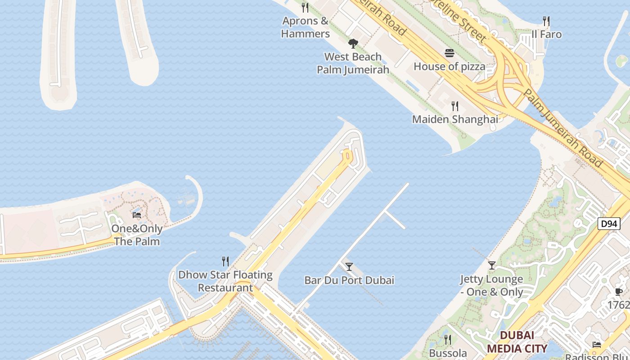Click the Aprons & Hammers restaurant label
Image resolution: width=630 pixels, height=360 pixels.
tap(305, 27)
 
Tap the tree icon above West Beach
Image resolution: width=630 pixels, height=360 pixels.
tap(353, 44)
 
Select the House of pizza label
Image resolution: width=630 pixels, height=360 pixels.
tap(449, 67)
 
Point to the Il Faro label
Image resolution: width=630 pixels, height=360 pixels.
tap(546, 34)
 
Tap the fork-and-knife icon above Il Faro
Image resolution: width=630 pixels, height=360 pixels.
tap(546, 21)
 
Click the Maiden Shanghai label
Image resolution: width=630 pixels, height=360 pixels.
tap(455, 119)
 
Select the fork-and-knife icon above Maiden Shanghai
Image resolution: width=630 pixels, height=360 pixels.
tap(455, 106)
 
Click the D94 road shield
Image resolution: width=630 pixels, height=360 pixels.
tap(609, 224)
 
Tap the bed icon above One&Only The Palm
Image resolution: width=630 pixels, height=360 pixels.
tap(137, 215)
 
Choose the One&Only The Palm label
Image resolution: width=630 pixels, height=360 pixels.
tap(137, 235)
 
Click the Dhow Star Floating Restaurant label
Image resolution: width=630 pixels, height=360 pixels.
tap(225, 281)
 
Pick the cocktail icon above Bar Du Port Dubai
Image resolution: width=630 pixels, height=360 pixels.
tap(349, 267)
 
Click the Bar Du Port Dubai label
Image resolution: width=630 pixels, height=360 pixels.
tap(349, 280)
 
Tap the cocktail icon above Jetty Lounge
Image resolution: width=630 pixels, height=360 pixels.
tap(492, 265)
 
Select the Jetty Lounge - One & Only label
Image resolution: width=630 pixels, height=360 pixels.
tap(492, 285)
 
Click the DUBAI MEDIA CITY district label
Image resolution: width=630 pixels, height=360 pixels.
tap(517, 342)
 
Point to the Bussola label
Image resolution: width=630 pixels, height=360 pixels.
tap(448, 353)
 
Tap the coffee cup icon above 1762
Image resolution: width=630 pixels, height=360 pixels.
tap(619, 292)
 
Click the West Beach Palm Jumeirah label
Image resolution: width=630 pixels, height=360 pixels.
tap(353, 63)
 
